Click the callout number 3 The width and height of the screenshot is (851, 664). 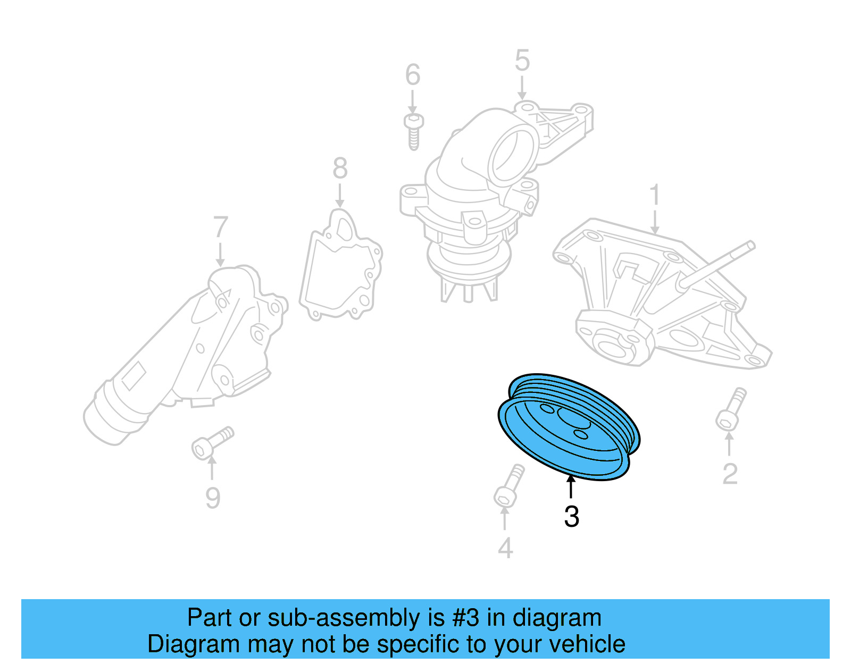click(571, 516)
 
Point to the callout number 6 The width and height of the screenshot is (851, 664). click(413, 75)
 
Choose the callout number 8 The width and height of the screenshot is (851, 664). click(340, 169)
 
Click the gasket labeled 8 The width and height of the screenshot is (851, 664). click(340, 266)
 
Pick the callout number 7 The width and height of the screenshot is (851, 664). click(220, 228)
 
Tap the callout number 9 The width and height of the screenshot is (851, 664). click(213, 498)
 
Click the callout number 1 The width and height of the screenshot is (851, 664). click(655, 195)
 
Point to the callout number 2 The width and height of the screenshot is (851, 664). click(730, 474)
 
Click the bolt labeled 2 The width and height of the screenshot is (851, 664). click(731, 408)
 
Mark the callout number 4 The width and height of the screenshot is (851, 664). click(505, 548)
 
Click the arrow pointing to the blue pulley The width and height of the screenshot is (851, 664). click(571, 487)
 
